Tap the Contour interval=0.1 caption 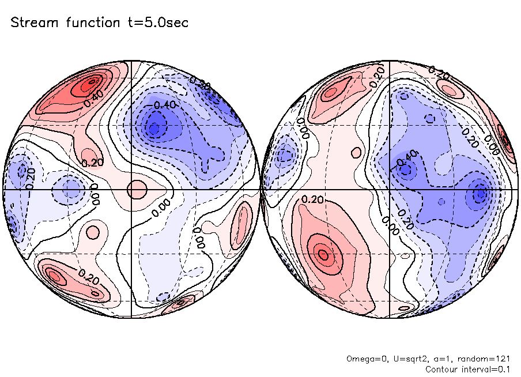(x=467, y=369)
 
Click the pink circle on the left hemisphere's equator (x=137, y=189)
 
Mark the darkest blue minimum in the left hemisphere (x=154, y=126)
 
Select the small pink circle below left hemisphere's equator (x=91, y=232)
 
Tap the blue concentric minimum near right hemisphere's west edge (x=284, y=155)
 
